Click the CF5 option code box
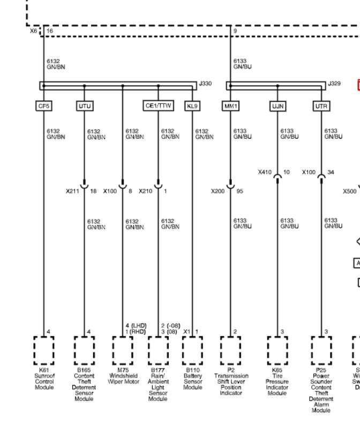(x=43, y=107)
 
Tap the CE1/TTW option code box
(x=157, y=107)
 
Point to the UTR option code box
(x=320, y=107)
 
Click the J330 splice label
(x=205, y=83)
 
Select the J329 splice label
(x=334, y=83)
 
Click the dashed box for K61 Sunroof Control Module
(x=44, y=350)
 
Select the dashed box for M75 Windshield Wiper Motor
(x=123, y=350)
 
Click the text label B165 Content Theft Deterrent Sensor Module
(x=84, y=384)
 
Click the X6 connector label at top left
(x=34, y=32)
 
